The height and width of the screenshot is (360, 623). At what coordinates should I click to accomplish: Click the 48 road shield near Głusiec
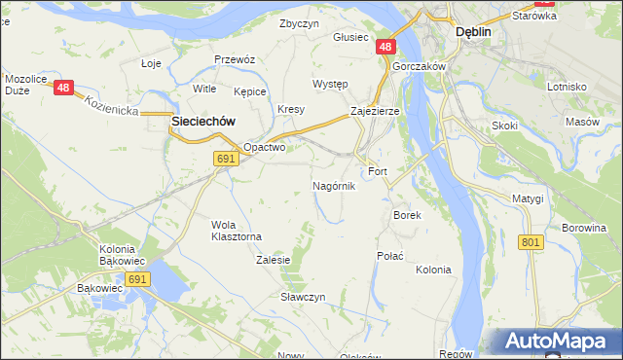386,47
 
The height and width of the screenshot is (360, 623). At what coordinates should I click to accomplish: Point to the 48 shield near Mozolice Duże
64,88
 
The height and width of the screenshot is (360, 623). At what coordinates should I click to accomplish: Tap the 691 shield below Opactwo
226,159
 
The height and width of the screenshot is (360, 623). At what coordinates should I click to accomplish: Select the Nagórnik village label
334,185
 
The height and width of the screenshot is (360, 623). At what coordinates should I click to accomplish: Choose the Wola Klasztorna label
237,230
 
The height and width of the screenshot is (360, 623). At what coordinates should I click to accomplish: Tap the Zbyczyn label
299,23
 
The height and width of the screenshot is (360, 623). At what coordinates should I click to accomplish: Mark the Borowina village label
583,229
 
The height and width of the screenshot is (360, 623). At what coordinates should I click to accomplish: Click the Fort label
378,171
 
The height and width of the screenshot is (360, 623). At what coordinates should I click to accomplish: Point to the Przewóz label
235,59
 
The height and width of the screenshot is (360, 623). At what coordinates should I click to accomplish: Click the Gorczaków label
420,66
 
